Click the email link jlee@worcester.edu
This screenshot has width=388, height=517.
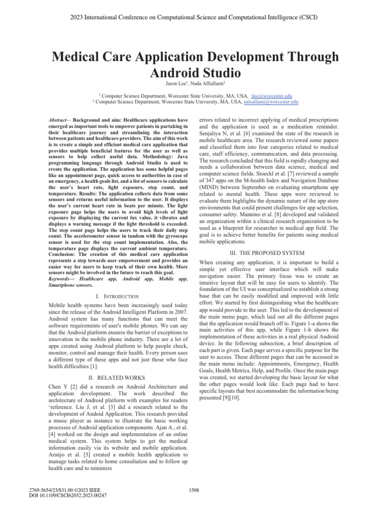coord(272,96)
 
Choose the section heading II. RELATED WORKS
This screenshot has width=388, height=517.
coord(118,377)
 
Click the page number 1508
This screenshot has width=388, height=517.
coord(194,489)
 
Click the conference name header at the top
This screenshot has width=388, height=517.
coord(194,17)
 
